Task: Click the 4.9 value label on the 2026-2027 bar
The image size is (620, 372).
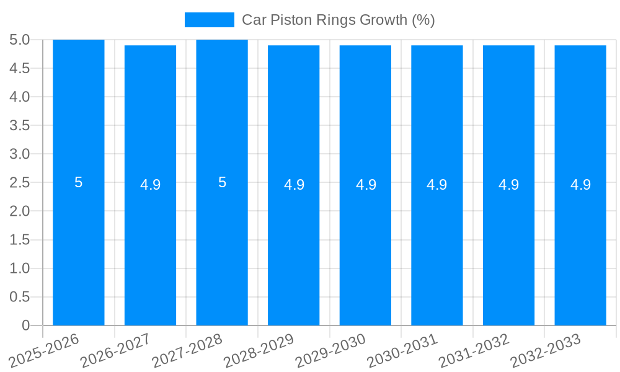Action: click(x=151, y=185)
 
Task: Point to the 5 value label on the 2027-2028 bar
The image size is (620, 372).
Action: click(x=222, y=182)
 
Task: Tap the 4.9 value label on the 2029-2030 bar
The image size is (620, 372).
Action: click(x=366, y=185)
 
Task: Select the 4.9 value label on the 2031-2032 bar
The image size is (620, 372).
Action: click(x=509, y=185)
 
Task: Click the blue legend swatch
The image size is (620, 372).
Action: click(x=210, y=20)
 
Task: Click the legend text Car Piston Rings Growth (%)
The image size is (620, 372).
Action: click(x=338, y=20)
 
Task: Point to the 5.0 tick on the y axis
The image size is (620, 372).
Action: click(x=20, y=40)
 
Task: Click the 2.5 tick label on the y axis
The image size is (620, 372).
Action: click(x=20, y=183)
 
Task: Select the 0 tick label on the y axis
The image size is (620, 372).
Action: click(x=25, y=325)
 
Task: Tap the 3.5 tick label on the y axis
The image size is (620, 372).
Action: click(x=20, y=126)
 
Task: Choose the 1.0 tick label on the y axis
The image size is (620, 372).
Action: click(x=20, y=268)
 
